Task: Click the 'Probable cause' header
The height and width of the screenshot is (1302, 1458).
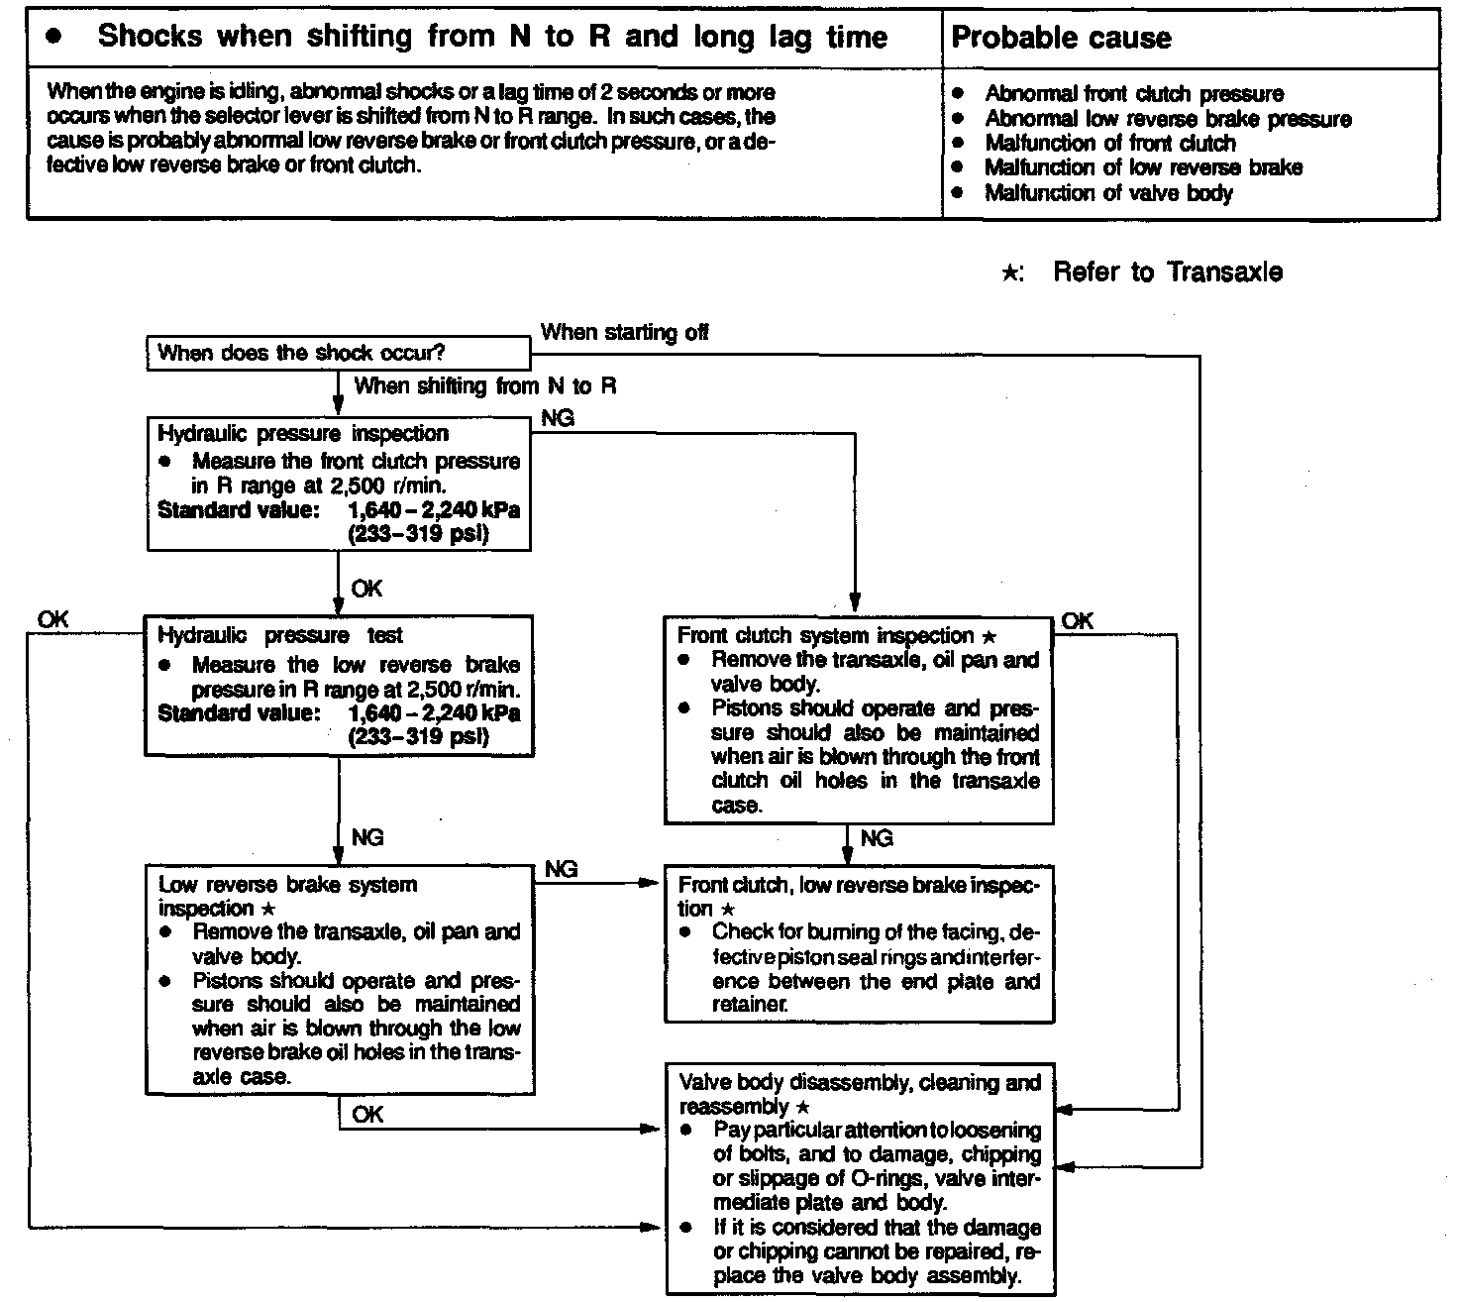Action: [x=1061, y=38]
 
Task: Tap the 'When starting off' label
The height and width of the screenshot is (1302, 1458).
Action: [x=624, y=332]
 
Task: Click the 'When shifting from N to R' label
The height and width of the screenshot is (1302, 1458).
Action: [x=484, y=385]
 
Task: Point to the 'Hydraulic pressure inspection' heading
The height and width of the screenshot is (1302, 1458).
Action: [x=303, y=433]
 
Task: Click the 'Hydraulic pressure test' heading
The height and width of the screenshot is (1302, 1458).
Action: [x=280, y=635]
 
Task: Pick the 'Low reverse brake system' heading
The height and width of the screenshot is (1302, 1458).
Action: [x=288, y=884]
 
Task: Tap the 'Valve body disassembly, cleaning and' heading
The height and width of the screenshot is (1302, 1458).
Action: [x=860, y=1082]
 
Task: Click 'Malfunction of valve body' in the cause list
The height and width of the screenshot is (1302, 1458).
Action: [x=1108, y=192]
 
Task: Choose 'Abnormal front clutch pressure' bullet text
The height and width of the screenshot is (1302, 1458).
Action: [x=1134, y=94]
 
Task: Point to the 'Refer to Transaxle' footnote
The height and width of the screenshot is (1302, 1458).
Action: [x=1167, y=271]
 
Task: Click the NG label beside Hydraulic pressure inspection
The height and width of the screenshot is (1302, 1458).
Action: [x=558, y=419]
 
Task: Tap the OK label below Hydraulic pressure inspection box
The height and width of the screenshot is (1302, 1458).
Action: [x=366, y=589]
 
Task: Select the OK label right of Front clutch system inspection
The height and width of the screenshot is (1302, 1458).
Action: [x=1078, y=620]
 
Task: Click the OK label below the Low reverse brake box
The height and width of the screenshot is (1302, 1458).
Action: [x=366, y=1115]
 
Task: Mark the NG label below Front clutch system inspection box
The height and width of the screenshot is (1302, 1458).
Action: [x=877, y=838]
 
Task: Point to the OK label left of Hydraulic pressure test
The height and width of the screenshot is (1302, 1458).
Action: [x=53, y=618]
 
